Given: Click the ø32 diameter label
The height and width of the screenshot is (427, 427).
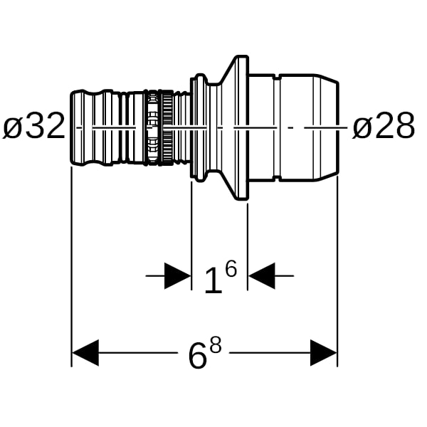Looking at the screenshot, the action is [33, 125].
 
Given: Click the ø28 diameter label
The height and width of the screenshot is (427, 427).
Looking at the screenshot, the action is [384, 125].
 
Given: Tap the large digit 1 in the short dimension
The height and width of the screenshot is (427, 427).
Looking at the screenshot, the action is [213, 280].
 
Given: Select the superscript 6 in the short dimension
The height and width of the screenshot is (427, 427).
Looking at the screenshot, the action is [231, 268].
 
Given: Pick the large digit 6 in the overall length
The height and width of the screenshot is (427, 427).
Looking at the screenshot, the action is [197, 354].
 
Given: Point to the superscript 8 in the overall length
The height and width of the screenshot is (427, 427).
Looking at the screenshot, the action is [216, 344].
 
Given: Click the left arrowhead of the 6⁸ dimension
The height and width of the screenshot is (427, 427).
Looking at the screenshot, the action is [85, 353].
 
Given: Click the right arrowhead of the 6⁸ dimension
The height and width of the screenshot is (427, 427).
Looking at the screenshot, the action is [324, 353].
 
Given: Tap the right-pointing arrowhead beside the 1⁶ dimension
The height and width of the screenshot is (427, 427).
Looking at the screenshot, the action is [177, 276].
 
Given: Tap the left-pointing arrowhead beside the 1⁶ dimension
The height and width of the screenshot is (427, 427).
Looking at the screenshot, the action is [262, 276].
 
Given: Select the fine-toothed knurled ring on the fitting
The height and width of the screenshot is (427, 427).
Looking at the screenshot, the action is [167, 127].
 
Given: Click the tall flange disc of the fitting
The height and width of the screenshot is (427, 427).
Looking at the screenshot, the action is [242, 127].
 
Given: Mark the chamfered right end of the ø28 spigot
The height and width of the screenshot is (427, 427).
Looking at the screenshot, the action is [327, 127].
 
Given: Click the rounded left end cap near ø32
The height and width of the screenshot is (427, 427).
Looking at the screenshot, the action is [78, 127].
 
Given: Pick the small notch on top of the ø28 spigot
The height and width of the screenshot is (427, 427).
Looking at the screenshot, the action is [277, 76].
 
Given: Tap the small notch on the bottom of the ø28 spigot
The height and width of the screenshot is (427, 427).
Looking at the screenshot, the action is [277, 179].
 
